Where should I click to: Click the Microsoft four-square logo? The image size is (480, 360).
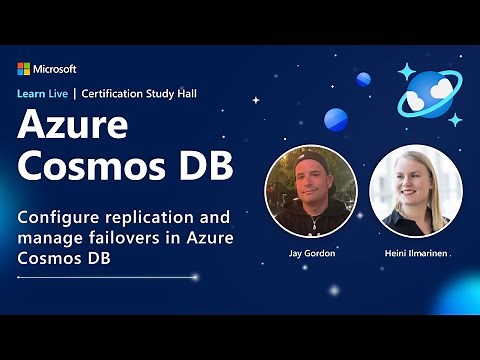[24, 69]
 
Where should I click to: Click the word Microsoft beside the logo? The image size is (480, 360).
[55, 69]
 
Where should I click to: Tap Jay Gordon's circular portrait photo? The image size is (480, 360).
[311, 191]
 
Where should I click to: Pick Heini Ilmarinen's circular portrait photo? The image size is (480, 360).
[416, 191]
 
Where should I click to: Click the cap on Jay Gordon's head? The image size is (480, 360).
[311, 157]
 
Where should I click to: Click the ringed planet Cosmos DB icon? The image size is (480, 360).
[428, 93]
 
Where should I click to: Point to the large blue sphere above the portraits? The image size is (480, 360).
[335, 119]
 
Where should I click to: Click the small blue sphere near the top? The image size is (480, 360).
[363, 79]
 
